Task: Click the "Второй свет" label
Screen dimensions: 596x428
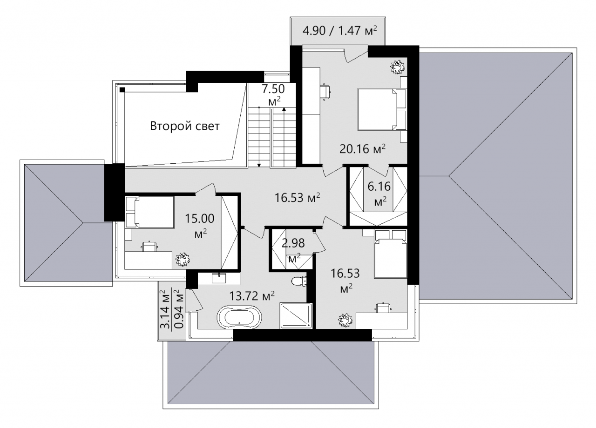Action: [185, 126]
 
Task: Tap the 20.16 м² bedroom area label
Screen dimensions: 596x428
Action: [362, 149]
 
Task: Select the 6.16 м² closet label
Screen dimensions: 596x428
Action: [379, 194]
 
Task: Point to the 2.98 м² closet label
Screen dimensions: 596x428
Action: [293, 250]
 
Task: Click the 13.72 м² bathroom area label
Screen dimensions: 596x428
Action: [252, 295]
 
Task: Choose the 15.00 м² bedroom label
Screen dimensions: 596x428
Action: [200, 226]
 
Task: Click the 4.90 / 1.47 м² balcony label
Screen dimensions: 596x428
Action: [340, 31]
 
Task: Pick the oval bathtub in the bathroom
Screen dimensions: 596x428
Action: [239, 318]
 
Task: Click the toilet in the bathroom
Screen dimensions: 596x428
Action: [299, 281]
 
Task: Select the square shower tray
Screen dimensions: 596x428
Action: [296, 315]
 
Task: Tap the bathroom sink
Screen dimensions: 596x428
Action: [219, 278]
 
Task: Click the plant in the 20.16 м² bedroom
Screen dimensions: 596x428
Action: [398, 67]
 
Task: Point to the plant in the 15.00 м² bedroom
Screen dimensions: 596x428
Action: [183, 260]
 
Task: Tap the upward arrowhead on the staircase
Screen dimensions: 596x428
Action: [284, 109]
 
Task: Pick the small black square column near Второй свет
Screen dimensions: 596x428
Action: [122, 90]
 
